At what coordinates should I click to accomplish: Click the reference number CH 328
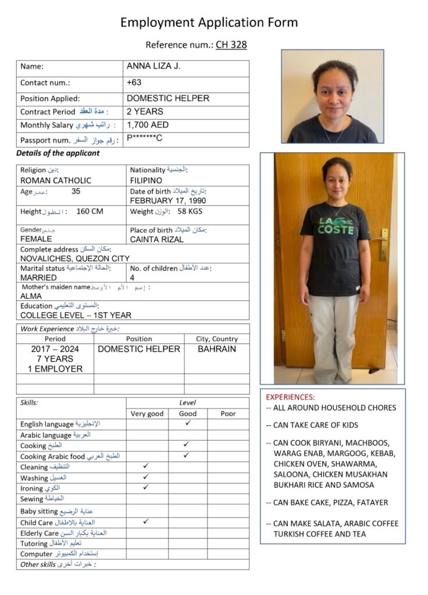click(231, 45)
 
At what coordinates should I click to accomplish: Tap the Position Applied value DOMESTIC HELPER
click(167, 98)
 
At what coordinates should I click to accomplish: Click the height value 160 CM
click(90, 212)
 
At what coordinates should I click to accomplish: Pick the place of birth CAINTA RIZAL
click(157, 239)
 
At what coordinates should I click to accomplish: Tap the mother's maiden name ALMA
click(31, 296)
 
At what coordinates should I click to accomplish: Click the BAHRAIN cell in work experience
click(217, 349)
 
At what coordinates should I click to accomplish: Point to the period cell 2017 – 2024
click(55, 349)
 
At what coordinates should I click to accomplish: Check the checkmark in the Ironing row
click(146, 488)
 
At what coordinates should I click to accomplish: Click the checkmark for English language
click(187, 424)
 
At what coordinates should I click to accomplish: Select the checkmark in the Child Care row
click(146, 521)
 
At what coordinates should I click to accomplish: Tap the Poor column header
click(228, 414)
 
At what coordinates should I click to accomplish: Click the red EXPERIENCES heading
click(290, 397)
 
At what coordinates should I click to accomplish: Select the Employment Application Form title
click(209, 23)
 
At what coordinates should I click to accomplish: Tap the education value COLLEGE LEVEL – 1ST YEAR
click(76, 316)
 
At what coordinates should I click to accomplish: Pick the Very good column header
click(147, 414)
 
